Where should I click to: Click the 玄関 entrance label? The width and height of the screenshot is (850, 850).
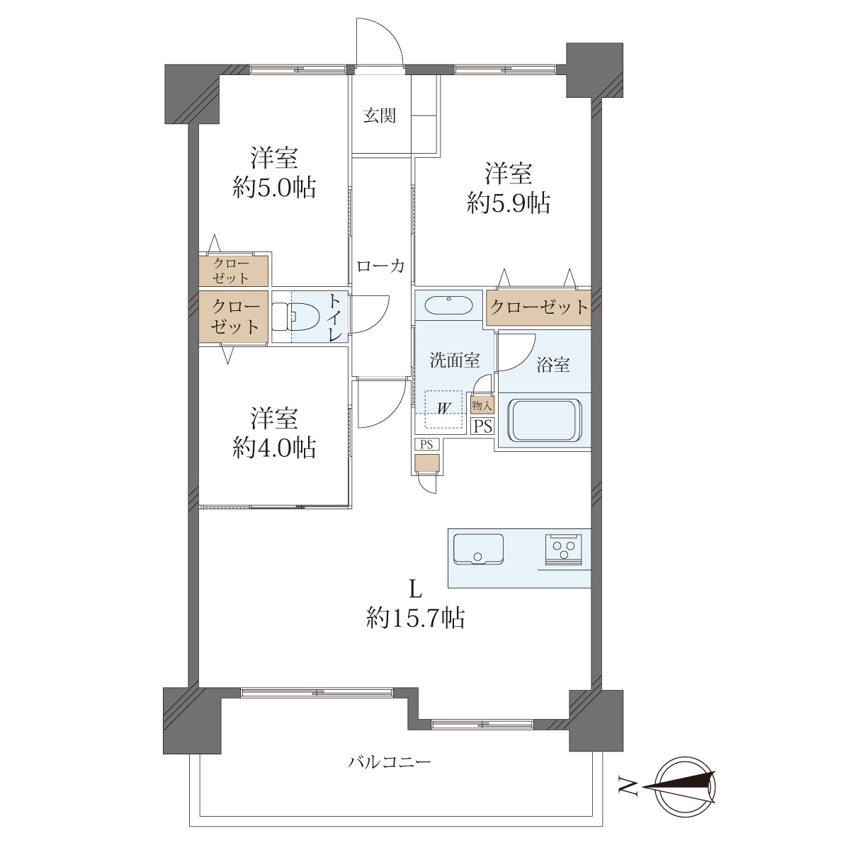coord(380,115)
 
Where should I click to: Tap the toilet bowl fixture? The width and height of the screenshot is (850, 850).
coord(288,316)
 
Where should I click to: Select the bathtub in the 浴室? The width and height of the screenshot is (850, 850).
coord(545,419)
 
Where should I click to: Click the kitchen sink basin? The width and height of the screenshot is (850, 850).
coord(478,549)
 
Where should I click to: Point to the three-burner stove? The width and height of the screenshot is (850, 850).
coord(564,549)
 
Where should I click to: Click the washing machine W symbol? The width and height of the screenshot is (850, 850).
coord(443,409)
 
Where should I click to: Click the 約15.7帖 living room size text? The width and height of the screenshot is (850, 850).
coord(415,618)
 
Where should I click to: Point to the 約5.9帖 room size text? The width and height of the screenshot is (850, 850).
coord(509,203)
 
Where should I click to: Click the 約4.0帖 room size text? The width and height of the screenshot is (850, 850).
coord(274,448)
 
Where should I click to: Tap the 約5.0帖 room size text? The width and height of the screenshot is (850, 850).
coord(274,188)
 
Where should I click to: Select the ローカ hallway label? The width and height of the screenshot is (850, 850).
coord(380,266)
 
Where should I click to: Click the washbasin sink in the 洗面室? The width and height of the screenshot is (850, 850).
coord(449,305)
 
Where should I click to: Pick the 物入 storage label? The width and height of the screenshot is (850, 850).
coord(482,404)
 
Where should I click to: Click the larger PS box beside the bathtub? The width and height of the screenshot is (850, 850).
coord(483,426)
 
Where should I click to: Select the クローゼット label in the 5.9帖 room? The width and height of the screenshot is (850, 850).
coord(539,307)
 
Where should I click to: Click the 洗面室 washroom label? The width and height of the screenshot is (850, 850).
coord(455,361)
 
